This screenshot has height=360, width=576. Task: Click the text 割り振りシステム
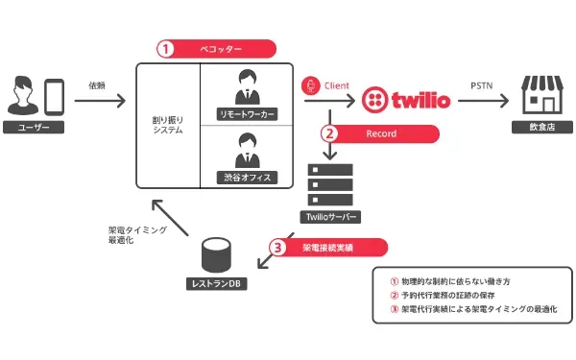(x=168, y=125)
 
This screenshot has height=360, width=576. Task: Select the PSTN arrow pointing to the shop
(x=483, y=100)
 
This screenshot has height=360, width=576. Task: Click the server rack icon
(x=329, y=182)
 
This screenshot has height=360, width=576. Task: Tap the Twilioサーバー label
(x=329, y=216)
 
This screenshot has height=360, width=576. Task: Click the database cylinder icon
(x=218, y=256)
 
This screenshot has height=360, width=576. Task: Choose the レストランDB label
(x=219, y=285)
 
